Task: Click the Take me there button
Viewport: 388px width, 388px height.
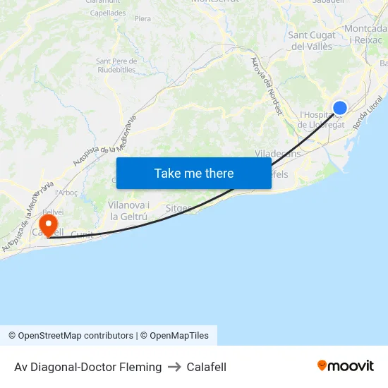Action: tap(194, 173)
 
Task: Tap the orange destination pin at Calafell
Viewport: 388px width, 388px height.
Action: tap(49, 225)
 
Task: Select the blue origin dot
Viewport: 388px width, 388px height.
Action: tap(340, 107)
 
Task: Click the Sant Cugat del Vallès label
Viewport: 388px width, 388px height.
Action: tap(311, 41)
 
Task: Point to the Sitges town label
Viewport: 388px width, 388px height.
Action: tap(178, 208)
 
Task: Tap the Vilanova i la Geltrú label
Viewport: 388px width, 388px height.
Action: tap(128, 210)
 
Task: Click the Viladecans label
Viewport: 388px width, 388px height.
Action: tap(277, 153)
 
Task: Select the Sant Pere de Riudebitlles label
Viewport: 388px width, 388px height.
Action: tap(116, 65)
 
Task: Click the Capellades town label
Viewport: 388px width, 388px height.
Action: tap(108, 13)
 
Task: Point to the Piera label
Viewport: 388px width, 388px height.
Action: tap(142, 18)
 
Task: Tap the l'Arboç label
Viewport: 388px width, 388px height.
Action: tap(66, 192)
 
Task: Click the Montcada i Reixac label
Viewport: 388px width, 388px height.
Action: tap(365, 35)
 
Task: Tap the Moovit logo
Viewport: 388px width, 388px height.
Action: tap(346, 365)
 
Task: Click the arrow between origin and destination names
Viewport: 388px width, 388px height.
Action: tap(174, 367)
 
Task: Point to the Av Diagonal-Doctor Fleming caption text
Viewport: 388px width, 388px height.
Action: tap(87, 367)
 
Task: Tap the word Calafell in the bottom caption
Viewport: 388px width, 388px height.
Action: tap(207, 367)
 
